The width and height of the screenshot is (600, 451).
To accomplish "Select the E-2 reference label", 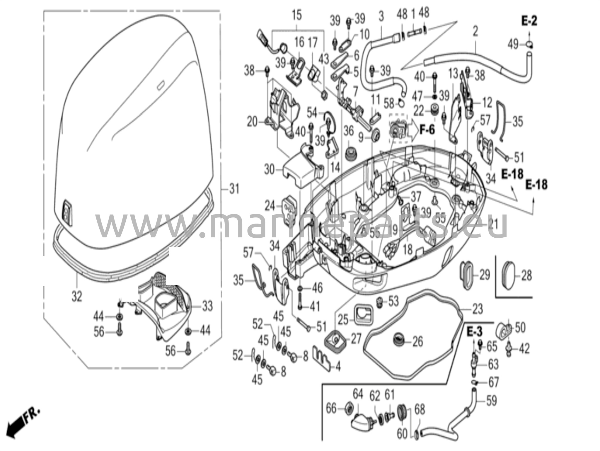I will pos(529,21).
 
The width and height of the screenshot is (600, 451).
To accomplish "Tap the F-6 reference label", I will pos(427,130).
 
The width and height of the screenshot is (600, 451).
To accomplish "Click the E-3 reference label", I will pos(474,332).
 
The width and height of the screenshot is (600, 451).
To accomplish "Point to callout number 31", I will pos(234,189).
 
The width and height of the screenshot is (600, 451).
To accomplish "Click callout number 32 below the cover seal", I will pos(77,297).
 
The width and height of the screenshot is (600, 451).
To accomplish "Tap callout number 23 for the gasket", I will pos(477,309).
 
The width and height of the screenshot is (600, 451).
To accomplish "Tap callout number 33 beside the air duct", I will pos(207,307).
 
